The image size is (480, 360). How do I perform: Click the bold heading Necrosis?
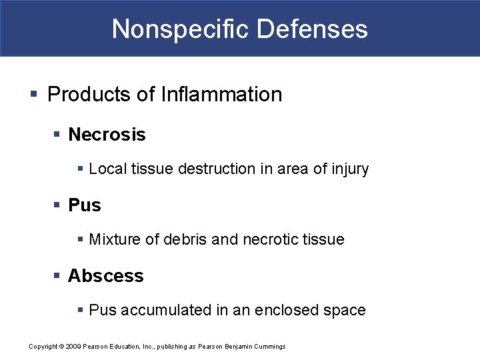[107, 134]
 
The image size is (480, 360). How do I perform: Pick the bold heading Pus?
[85, 205]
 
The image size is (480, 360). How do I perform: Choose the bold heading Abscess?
[105, 275]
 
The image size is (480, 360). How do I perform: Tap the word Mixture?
[114, 239]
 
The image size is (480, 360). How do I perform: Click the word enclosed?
[297, 310]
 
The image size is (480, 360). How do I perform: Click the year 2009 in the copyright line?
[73, 347]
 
